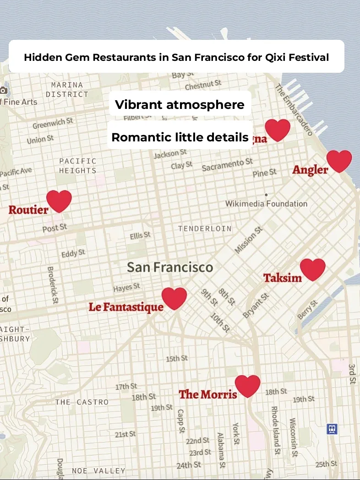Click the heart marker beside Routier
point(59,201)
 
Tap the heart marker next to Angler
point(339,161)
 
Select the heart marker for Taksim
point(312,269)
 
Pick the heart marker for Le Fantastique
point(174,298)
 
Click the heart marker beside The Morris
point(247,386)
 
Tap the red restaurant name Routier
point(28,210)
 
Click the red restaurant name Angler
point(310,170)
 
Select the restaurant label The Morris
point(207,394)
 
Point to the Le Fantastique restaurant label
point(126,307)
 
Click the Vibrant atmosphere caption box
point(180,104)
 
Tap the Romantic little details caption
point(180,137)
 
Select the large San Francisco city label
point(170,267)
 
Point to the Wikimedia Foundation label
point(266,203)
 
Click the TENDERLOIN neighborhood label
point(205,228)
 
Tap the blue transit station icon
point(332,429)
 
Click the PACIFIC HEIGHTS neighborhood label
point(78,166)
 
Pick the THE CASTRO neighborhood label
point(82,402)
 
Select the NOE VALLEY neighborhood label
point(98,470)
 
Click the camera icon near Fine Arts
point(4,90)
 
